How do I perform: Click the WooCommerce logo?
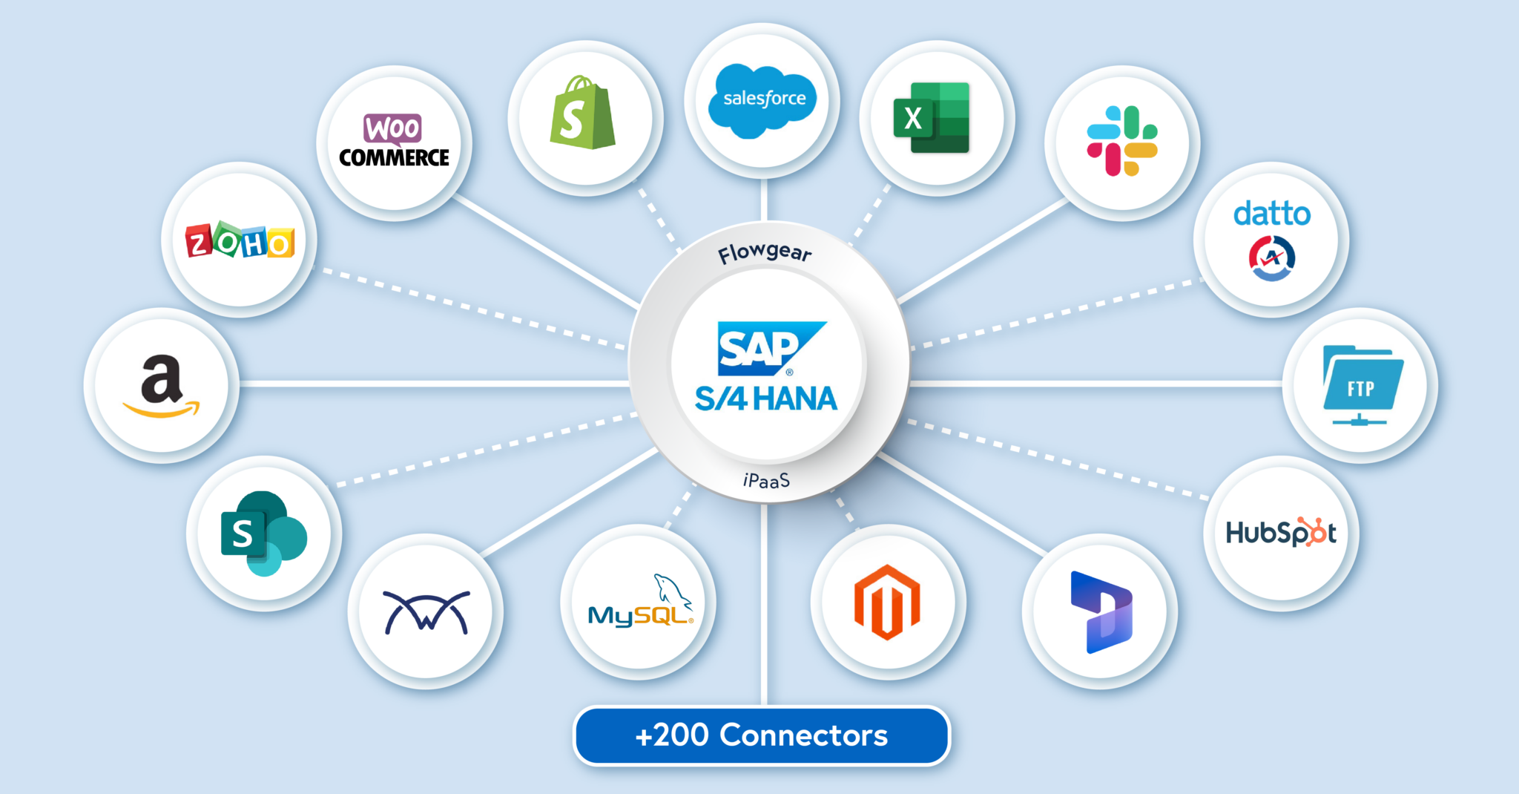pos(394,141)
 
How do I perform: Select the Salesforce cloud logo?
pos(763,100)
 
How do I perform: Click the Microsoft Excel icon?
pos(932,118)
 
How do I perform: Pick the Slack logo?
pos(1121,141)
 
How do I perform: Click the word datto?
pos(1271,214)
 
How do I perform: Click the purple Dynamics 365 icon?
pos(1101,611)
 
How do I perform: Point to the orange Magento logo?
pos(886,602)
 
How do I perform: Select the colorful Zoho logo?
pos(240,240)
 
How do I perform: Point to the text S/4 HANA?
pos(765,399)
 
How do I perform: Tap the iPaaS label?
pos(766,481)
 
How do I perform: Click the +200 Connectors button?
pos(761,735)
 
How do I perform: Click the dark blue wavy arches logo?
pos(426,611)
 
